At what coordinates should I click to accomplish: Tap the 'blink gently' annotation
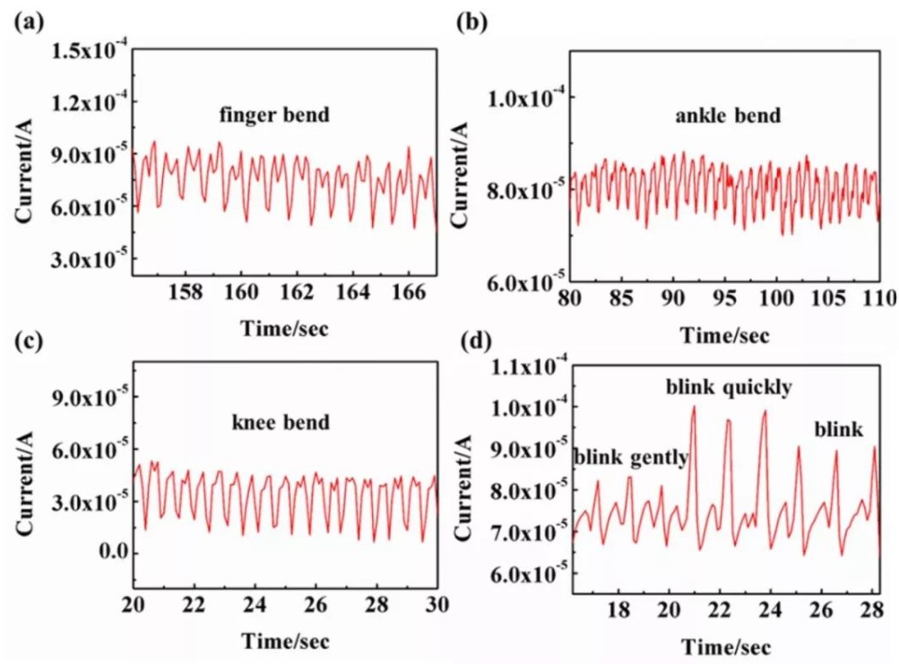click(631, 458)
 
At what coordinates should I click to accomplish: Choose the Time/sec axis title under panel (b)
click(724, 335)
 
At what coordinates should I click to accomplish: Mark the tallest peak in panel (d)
click(693, 407)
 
